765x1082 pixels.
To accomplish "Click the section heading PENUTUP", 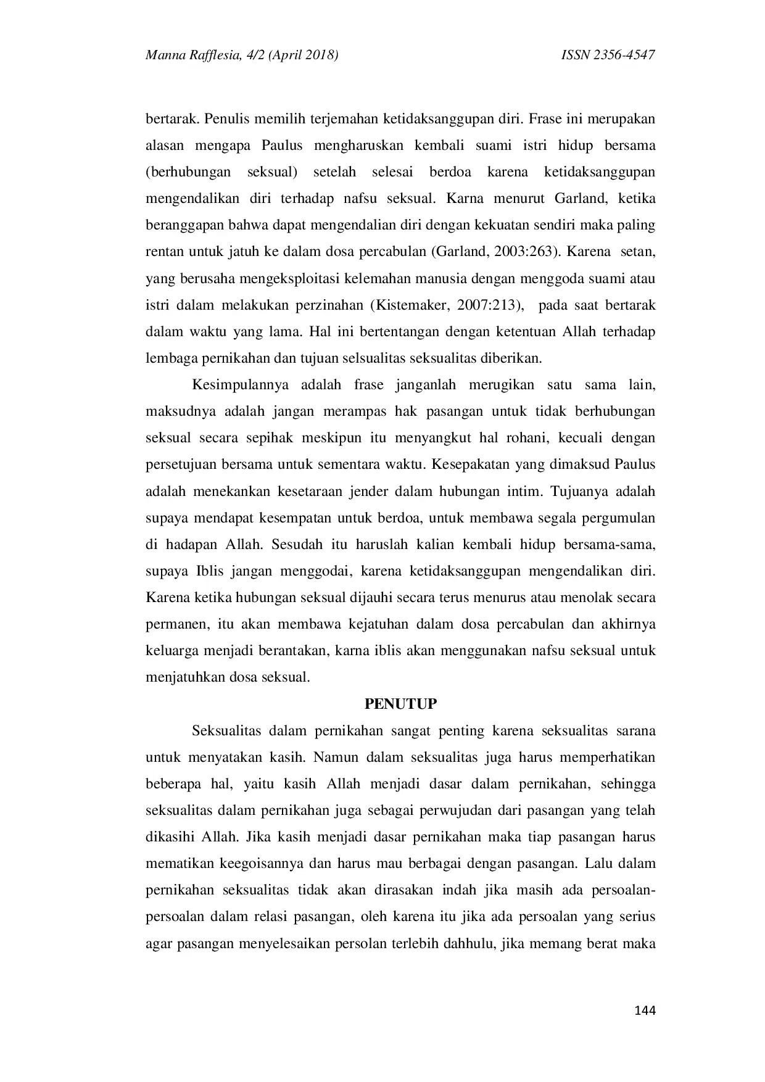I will (x=400, y=704).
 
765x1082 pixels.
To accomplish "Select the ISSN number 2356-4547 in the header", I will (x=624, y=56).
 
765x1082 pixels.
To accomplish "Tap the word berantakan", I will (x=294, y=651).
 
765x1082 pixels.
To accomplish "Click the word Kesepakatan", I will (x=471, y=465).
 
